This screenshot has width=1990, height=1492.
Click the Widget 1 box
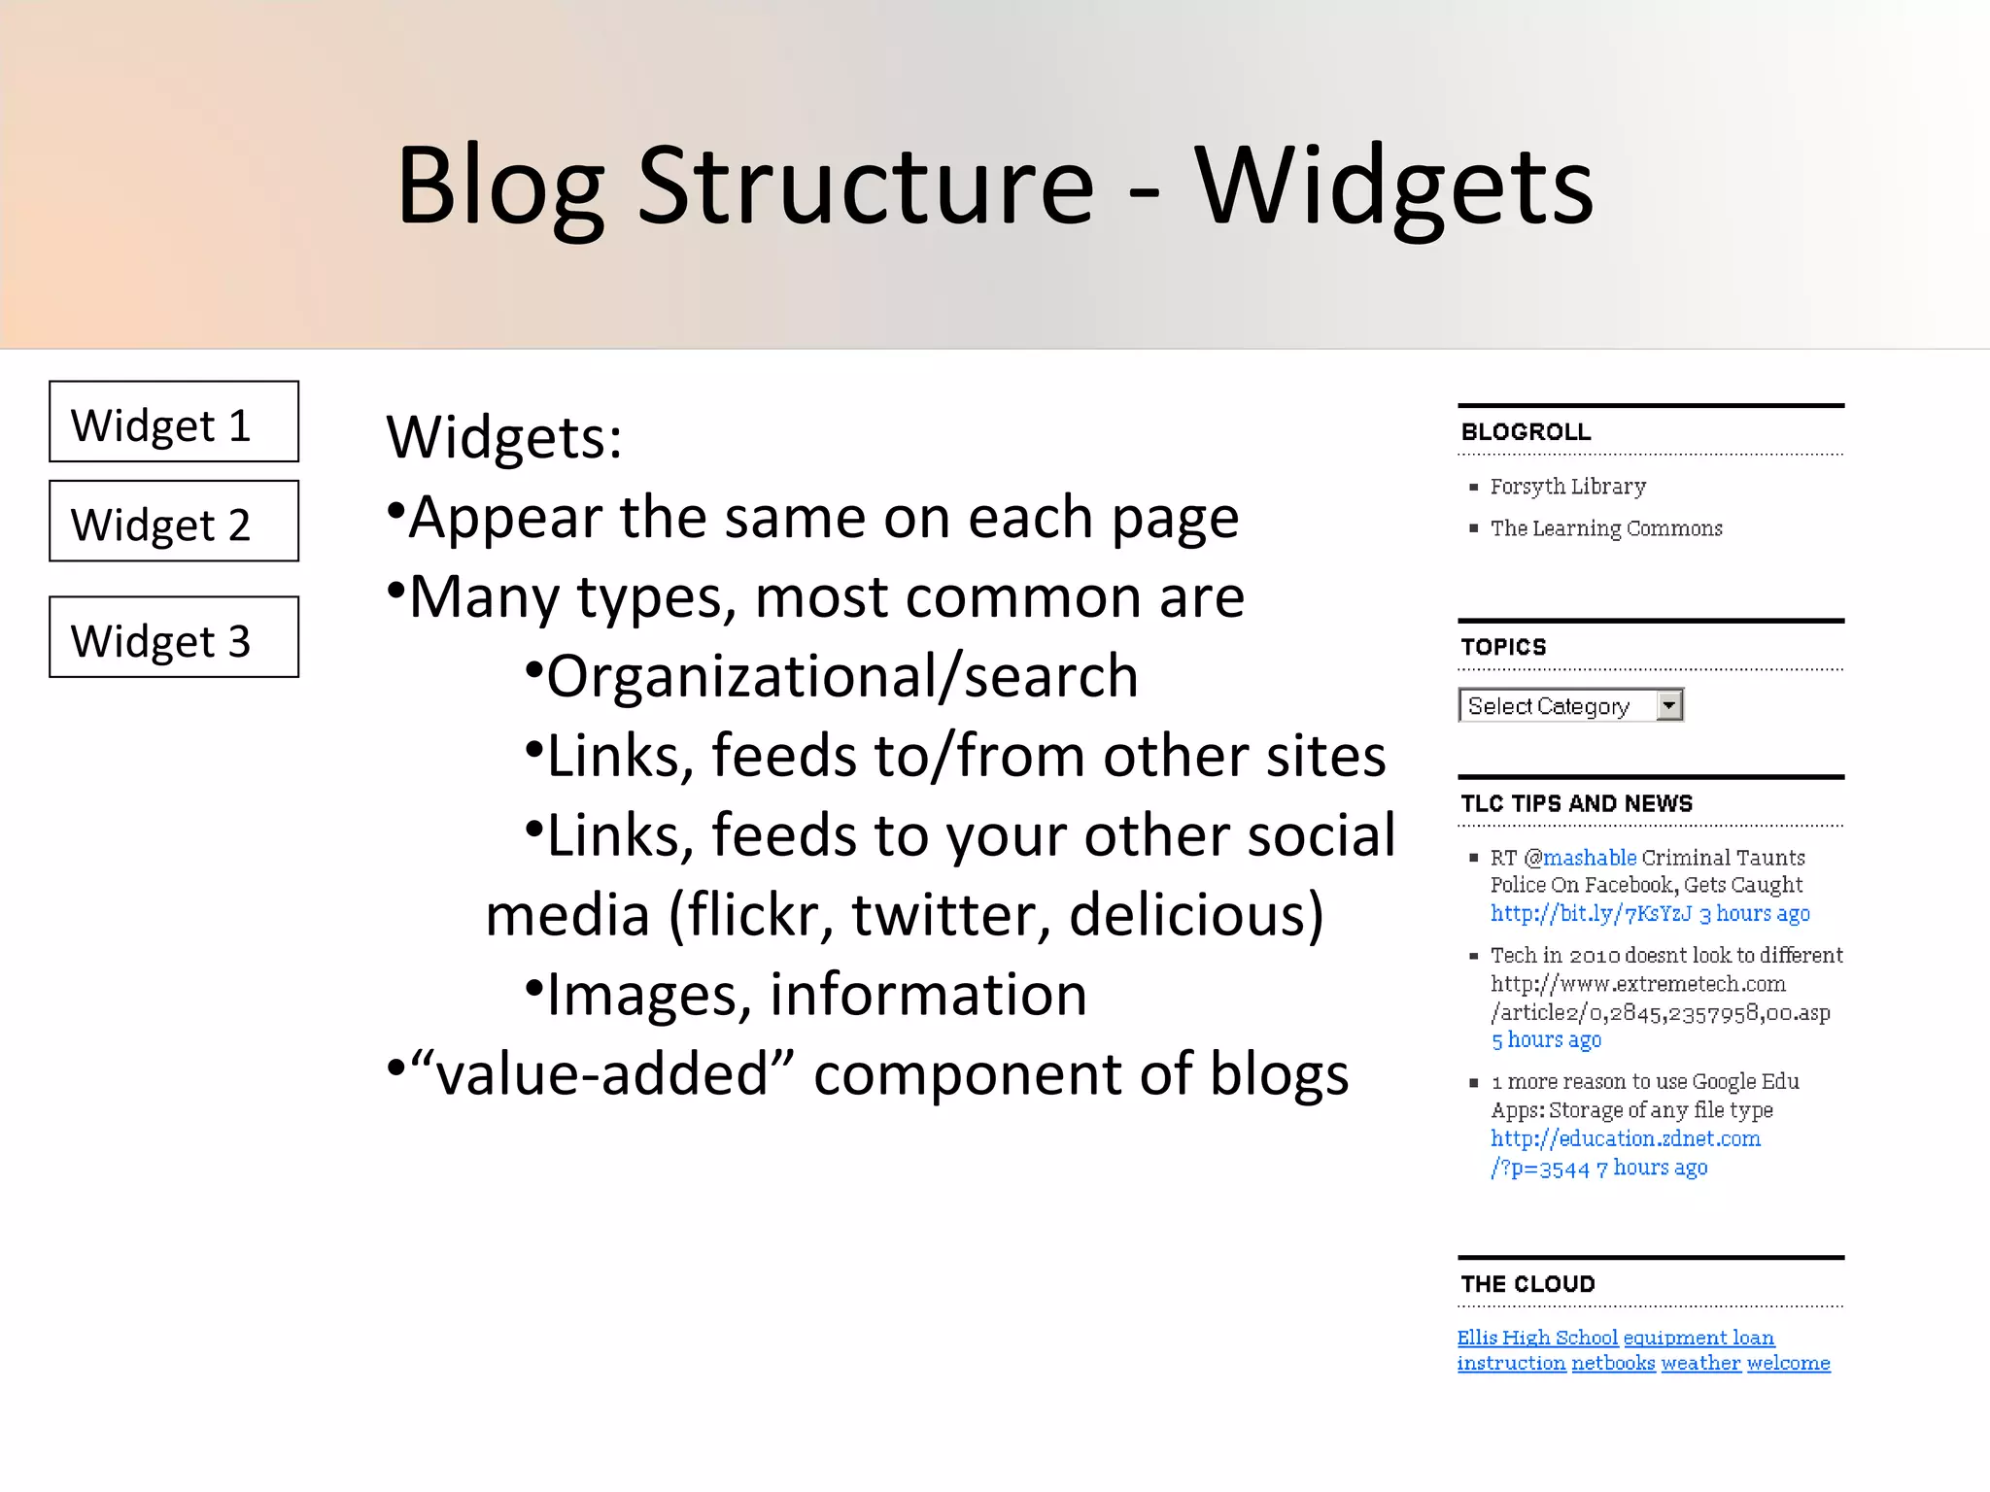coord(174,422)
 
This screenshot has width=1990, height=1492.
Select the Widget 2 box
coord(174,522)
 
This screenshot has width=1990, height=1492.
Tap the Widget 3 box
coord(174,637)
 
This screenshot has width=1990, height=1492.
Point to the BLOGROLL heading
coord(1526,432)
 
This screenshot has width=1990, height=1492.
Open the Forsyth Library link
coord(1567,487)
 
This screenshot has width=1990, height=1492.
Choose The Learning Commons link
coord(1605,528)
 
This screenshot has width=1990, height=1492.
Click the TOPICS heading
coord(1503,647)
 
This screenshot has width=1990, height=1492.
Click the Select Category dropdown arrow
coord(1668,705)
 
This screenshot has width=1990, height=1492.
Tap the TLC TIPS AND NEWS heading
coord(1576,803)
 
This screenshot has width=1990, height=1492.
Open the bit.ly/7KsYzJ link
coord(1591,914)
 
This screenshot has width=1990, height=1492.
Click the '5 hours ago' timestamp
coord(1546,1040)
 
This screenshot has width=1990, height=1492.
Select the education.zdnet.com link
coord(1625,1138)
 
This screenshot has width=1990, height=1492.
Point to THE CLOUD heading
coord(1527,1284)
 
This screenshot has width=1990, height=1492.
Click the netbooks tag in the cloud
coord(1613,1364)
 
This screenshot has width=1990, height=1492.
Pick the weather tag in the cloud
coord(1700,1364)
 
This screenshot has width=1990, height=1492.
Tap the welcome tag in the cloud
coord(1788,1364)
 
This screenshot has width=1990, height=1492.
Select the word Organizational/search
coord(841,676)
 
